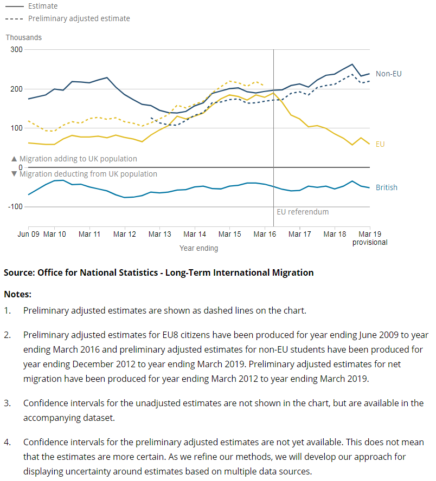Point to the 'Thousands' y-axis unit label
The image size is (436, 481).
24,37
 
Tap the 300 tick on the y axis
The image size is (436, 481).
16,50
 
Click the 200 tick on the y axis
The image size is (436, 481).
16,89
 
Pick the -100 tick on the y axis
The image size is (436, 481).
15,206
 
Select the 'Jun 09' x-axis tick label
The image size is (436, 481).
29,234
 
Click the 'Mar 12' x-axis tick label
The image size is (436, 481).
125,234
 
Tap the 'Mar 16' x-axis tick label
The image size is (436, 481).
265,234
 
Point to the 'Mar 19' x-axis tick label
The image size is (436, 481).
370,234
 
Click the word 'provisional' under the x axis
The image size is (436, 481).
370,242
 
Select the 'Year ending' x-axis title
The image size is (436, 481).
199,248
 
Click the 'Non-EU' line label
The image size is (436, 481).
389,74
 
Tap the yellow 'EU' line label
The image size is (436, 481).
380,144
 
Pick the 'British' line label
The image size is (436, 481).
387,187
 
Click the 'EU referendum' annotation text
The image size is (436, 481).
303,212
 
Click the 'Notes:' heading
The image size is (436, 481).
18,294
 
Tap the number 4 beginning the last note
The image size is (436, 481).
7,441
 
